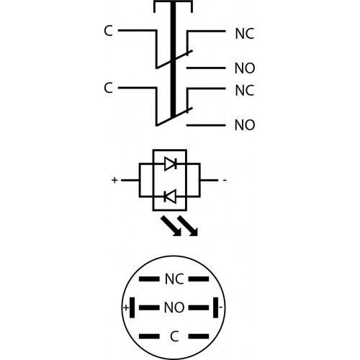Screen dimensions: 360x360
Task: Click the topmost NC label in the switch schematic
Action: tap(245, 34)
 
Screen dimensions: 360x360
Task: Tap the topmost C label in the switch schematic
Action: tap(108, 31)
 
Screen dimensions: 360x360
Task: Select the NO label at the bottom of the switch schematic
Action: tap(245, 125)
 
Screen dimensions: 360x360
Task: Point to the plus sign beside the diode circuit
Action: tap(114, 180)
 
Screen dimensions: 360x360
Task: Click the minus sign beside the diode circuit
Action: tap(225, 180)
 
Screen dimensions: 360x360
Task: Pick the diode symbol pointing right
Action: tap(171, 164)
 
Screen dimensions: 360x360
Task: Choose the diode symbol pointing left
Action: tap(170, 197)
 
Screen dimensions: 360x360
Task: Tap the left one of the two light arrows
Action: tap(171, 225)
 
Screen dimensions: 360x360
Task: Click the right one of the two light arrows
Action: tap(187, 225)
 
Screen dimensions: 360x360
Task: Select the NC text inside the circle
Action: tap(174, 279)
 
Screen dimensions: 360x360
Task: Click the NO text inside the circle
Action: tap(174, 307)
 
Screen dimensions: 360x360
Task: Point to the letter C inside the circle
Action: tap(174, 336)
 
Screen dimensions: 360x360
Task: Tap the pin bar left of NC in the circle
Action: tap(149, 279)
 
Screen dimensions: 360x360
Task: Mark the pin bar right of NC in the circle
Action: tap(199, 279)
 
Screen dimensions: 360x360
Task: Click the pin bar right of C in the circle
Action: tap(199, 336)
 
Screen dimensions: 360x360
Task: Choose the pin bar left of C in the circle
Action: tap(149, 336)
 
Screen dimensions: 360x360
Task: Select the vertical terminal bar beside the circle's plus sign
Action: tap(132, 307)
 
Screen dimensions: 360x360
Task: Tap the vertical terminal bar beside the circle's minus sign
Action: tap(216, 307)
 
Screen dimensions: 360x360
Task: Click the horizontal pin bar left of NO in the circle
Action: tap(149, 307)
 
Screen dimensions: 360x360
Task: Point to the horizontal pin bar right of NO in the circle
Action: tap(199, 307)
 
